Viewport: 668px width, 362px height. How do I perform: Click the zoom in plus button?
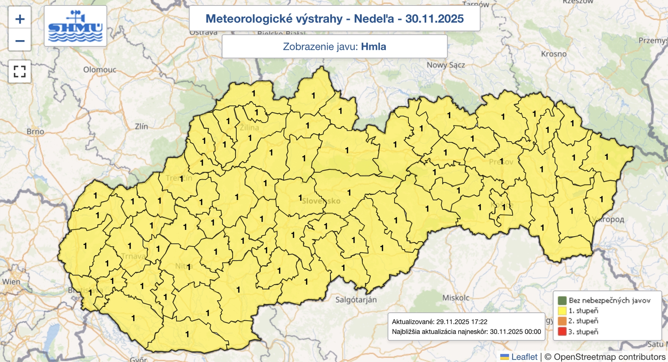pyautogui.click(x=20, y=19)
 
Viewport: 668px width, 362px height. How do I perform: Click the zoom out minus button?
pyautogui.click(x=20, y=41)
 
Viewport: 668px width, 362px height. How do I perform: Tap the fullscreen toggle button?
pyautogui.click(x=20, y=71)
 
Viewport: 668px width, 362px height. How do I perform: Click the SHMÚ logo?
pyautogui.click(x=75, y=26)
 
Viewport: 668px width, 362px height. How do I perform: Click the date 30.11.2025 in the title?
pyautogui.click(x=434, y=19)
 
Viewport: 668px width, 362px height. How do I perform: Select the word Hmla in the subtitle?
pyautogui.click(x=373, y=46)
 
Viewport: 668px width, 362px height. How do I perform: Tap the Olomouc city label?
pyautogui.click(x=99, y=70)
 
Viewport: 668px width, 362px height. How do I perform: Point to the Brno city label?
pyautogui.click(x=35, y=132)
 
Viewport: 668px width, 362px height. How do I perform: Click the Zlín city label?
pyautogui.click(x=141, y=126)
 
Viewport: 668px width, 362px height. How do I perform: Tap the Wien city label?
pyautogui.click(x=11, y=282)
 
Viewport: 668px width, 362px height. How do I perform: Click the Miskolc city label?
pyautogui.click(x=455, y=298)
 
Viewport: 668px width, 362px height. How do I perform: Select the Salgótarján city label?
pyautogui.click(x=356, y=300)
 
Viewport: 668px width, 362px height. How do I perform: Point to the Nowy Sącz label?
pyautogui.click(x=445, y=65)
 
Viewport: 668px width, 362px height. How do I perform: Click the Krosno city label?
pyautogui.click(x=554, y=54)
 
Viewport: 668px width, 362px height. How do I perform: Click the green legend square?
pyautogui.click(x=562, y=301)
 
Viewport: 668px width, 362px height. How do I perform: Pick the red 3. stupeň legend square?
pyautogui.click(x=562, y=332)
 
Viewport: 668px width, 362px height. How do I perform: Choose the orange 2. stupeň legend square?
pyautogui.click(x=562, y=321)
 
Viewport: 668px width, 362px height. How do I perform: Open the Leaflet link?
pyautogui.click(x=524, y=357)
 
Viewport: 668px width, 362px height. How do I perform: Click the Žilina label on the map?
pyautogui.click(x=250, y=128)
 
